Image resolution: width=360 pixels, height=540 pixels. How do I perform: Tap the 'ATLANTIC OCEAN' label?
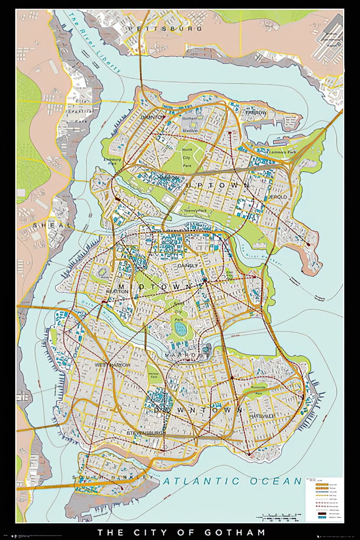[x=233, y=481]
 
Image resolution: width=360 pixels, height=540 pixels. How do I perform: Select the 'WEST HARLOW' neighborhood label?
[x=113, y=366]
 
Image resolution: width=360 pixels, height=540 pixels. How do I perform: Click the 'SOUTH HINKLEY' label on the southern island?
[x=113, y=477]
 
